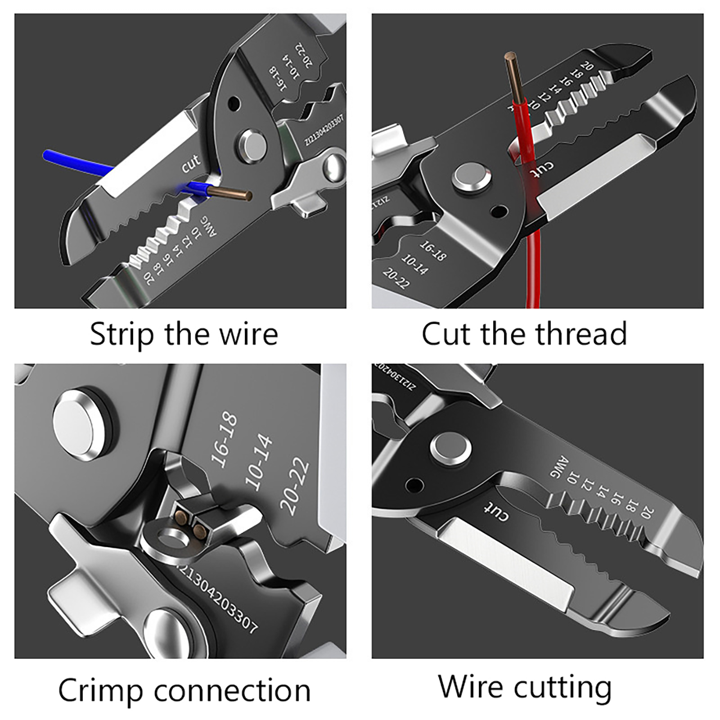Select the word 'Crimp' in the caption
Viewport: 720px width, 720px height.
coord(100,691)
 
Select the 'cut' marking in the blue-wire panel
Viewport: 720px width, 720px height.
coord(190,163)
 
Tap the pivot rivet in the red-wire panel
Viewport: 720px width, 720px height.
coord(472,177)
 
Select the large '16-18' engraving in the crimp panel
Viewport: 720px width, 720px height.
coord(224,440)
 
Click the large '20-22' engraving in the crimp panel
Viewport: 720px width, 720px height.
coord(295,486)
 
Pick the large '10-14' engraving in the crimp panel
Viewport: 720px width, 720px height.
coord(259,462)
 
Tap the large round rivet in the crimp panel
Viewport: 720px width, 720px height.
coord(80,425)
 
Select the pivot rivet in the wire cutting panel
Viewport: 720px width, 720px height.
coord(451,449)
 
